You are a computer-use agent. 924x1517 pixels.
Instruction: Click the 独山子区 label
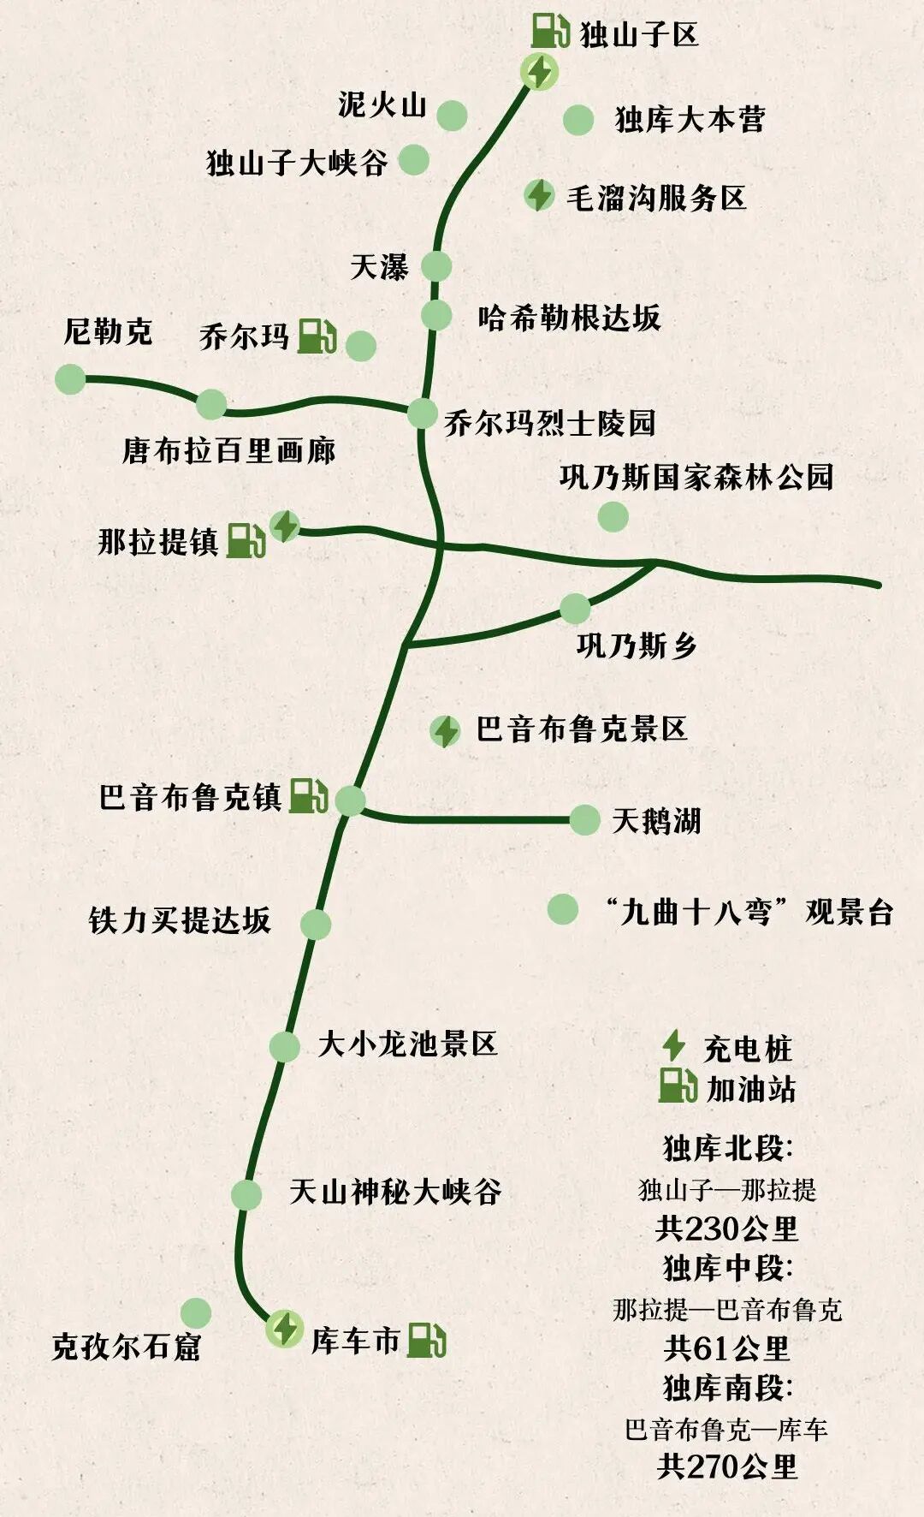pyautogui.click(x=639, y=35)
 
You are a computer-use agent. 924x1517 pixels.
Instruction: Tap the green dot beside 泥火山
pyautogui.click(x=452, y=115)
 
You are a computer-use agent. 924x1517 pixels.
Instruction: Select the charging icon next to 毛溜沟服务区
pyautogui.click(x=539, y=195)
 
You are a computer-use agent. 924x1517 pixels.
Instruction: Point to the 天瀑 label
pyautogui.click(x=379, y=266)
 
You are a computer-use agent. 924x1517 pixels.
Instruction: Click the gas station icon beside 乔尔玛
pyautogui.click(x=317, y=336)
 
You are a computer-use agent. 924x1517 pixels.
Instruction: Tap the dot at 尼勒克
pyautogui.click(x=70, y=379)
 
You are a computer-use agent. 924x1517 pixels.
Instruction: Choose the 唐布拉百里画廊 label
pyautogui.click(x=228, y=450)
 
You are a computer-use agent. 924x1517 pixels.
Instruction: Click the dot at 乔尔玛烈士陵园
pyautogui.click(x=422, y=413)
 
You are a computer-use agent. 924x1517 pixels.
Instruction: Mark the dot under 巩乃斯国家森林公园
pyautogui.click(x=613, y=516)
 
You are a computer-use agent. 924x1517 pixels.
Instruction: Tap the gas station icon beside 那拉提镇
pyautogui.click(x=246, y=541)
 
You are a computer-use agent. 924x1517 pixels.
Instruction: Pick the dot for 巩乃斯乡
pyautogui.click(x=575, y=609)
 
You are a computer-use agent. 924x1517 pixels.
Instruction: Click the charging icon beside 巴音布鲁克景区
pyautogui.click(x=445, y=731)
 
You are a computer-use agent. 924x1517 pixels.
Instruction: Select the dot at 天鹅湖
pyautogui.click(x=584, y=819)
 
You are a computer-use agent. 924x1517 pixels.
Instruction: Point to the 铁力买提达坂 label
pyautogui.click(x=180, y=920)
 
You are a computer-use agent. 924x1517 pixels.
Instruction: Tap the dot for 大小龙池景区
pyautogui.click(x=284, y=1046)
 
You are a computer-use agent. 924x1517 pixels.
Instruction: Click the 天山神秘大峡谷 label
pyautogui.click(x=394, y=1191)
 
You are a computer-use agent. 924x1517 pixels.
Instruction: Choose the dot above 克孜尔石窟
pyautogui.click(x=196, y=1312)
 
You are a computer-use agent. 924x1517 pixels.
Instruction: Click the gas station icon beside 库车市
pyautogui.click(x=425, y=1340)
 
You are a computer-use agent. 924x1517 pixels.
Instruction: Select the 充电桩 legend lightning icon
pyautogui.click(x=674, y=1045)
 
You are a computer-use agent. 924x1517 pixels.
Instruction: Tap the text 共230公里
pyautogui.click(x=726, y=1228)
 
